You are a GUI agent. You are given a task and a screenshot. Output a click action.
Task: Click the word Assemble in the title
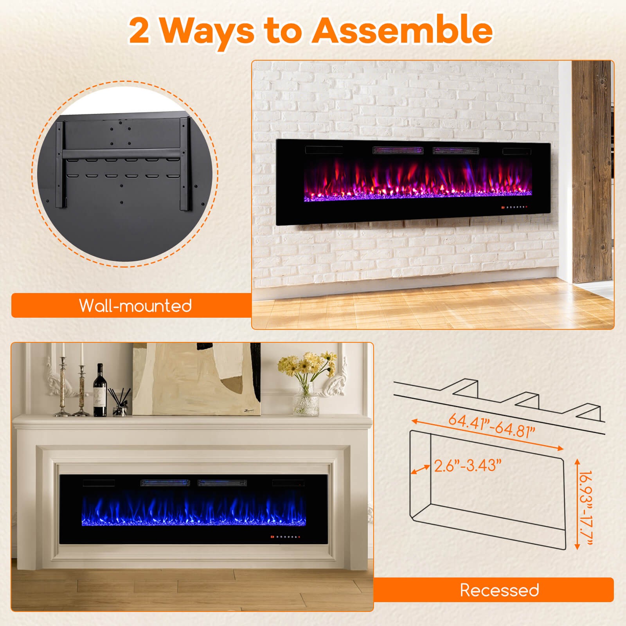point(402,31)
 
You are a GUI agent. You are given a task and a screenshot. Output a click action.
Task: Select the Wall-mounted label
point(135,306)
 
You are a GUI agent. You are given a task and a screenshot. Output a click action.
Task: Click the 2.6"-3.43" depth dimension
point(468,466)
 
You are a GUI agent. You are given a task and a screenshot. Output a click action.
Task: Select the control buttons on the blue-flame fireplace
point(285,536)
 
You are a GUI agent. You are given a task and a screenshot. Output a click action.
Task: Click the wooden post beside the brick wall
point(592,172)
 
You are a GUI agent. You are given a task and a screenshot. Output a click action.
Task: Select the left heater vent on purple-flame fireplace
point(398,150)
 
